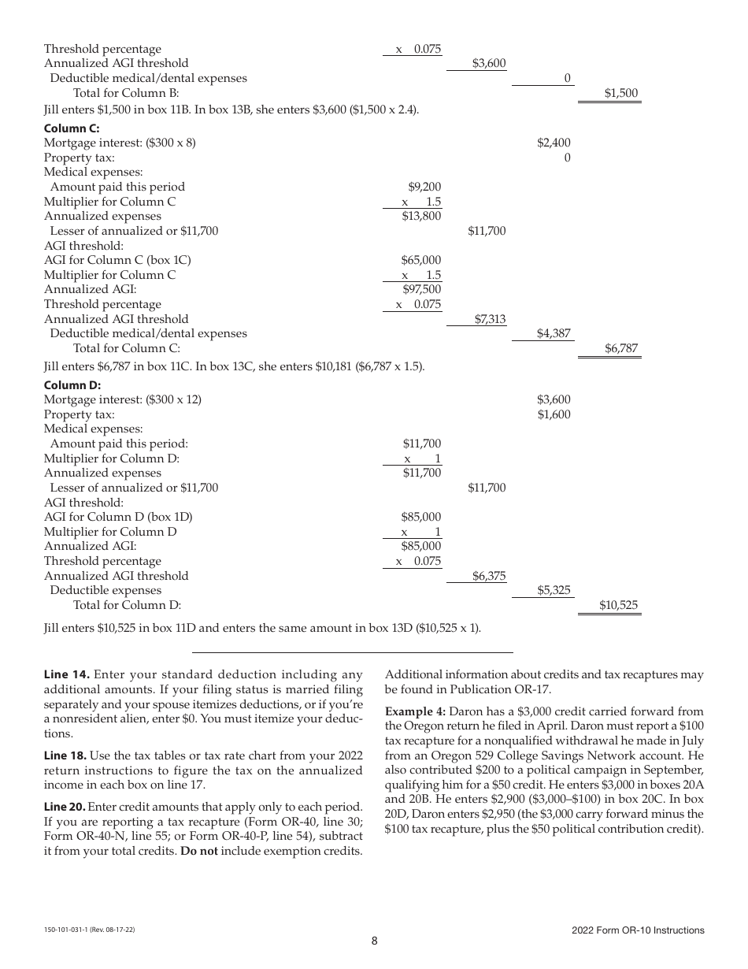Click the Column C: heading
click(72, 128)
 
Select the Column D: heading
click(72, 385)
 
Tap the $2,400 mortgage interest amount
click(554, 143)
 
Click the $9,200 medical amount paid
click(424, 187)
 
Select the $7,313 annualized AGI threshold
click(489, 319)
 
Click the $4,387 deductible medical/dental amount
click(554, 333)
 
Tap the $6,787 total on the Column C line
click(621, 348)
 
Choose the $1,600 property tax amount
click(554, 414)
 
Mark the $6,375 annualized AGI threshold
click(489, 576)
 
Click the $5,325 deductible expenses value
click(554, 590)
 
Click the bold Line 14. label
click(67, 674)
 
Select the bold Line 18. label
click(67, 755)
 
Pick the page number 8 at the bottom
click(375, 941)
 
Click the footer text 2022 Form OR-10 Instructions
click(638, 930)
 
